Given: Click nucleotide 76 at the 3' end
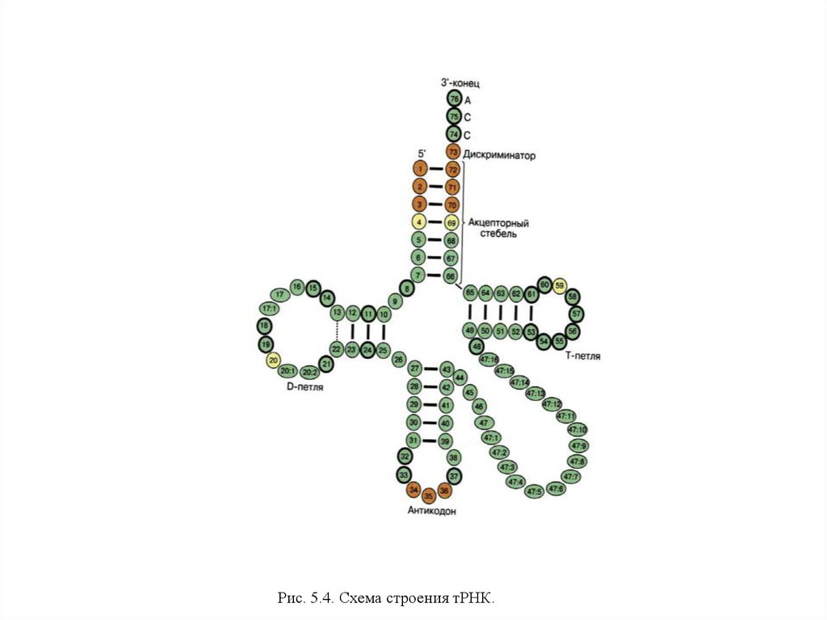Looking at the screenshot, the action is [453, 99].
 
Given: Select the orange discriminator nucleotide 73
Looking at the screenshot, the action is [453, 151].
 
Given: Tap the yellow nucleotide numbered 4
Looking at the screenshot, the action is [419, 221].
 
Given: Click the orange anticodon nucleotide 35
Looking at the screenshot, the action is [429, 495].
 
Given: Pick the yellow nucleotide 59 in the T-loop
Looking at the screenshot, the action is [560, 285].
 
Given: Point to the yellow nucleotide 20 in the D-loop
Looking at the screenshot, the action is [273, 361].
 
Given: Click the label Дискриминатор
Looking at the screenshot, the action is [499, 154].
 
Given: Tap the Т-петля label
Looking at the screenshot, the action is [582, 356].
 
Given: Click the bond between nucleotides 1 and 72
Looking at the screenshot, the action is [436, 169].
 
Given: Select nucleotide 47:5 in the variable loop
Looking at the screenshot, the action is [534, 491].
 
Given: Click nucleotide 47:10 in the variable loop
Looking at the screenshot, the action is [578, 429].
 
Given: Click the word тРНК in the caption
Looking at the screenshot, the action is [470, 599].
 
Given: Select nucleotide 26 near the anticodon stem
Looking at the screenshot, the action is [398, 358].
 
